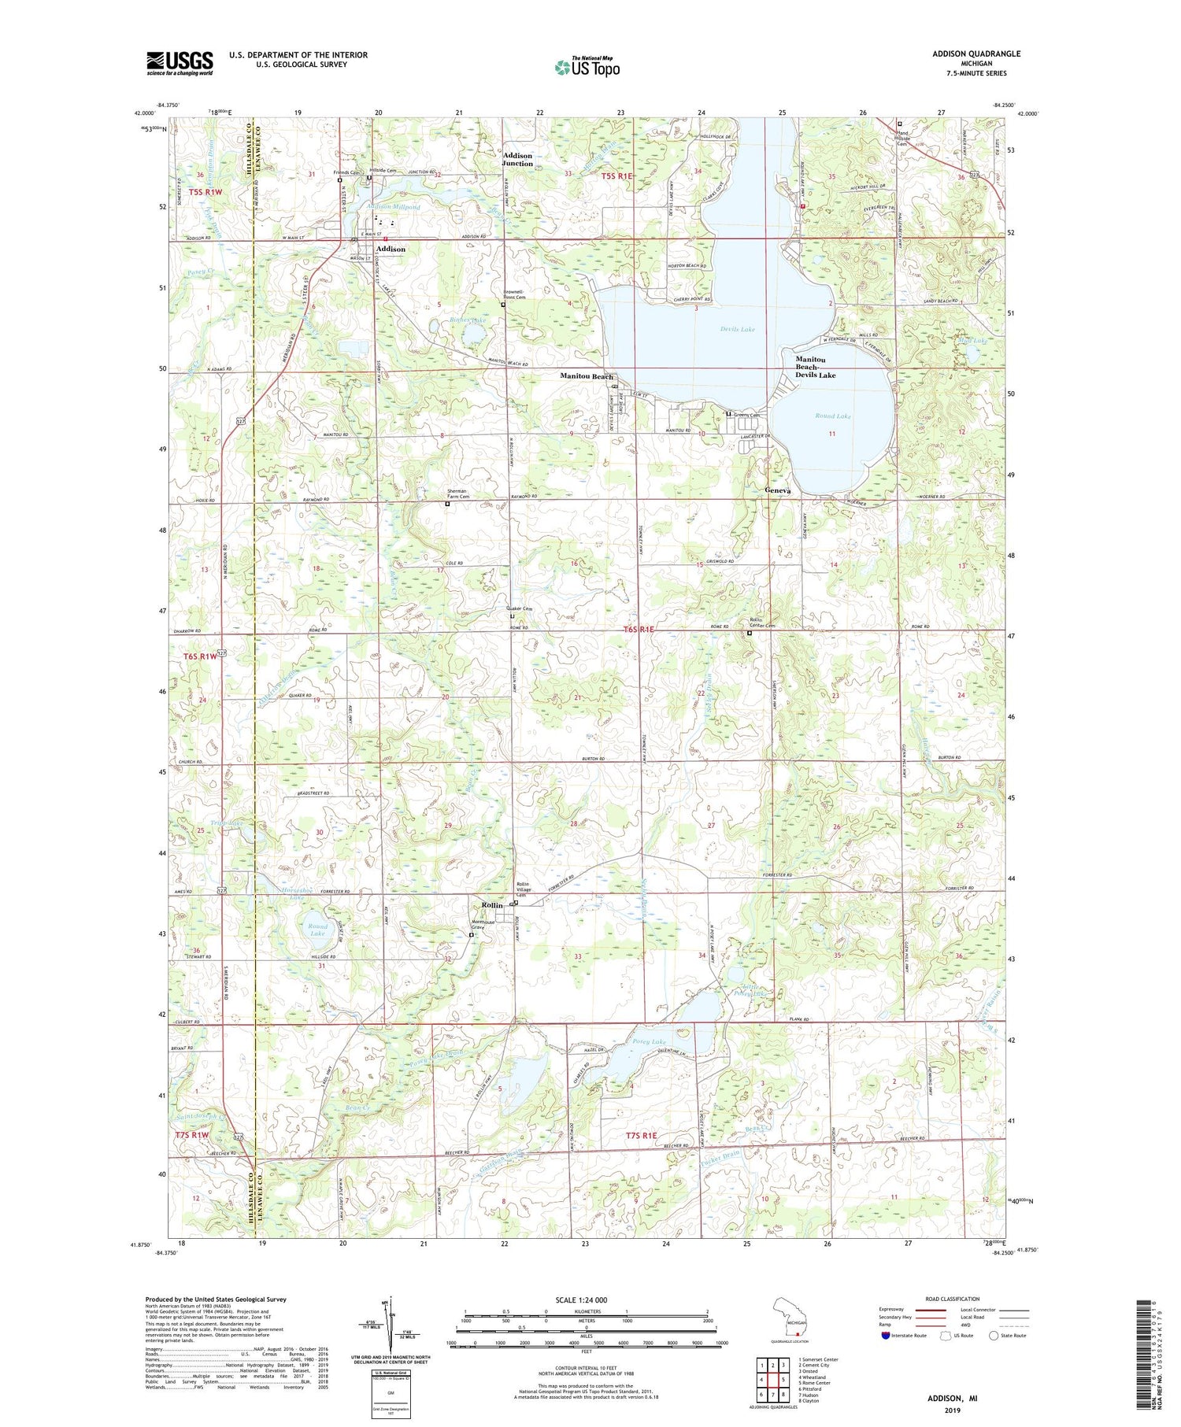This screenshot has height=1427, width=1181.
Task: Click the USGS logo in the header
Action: coord(180,63)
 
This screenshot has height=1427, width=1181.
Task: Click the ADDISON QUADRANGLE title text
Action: coord(976,54)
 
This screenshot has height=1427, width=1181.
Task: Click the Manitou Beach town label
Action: coord(586,377)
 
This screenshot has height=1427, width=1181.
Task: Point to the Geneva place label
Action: coord(777,490)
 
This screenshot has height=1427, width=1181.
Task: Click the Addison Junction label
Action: coord(517,160)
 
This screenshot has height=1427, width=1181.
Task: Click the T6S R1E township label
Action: coord(639,630)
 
